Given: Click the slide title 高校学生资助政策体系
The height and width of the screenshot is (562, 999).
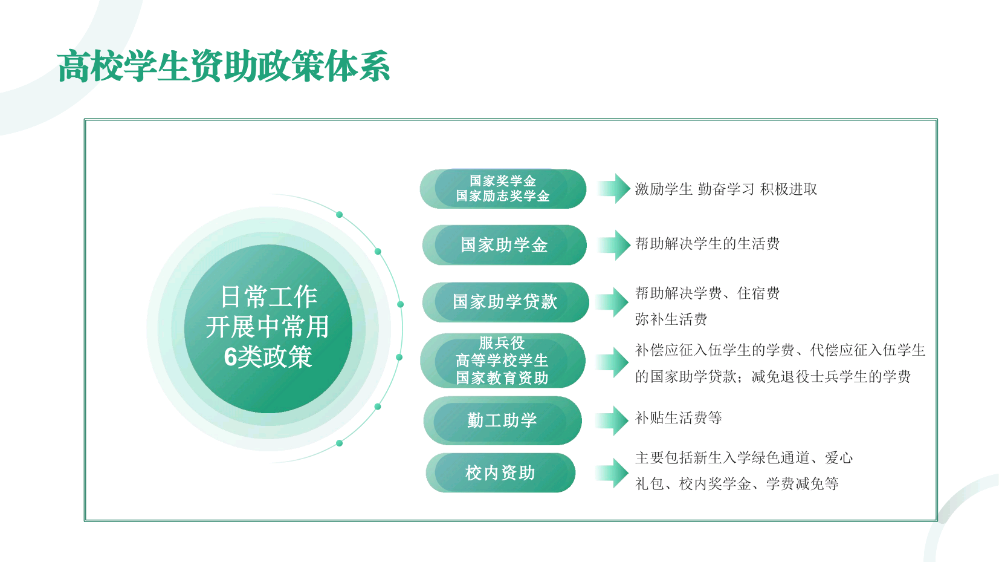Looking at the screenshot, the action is click(x=224, y=67).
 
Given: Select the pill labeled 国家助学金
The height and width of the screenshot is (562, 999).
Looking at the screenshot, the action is click(x=505, y=245).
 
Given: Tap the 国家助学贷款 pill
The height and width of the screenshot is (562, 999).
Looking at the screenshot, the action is click(x=505, y=302).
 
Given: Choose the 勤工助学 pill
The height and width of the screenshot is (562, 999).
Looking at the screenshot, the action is click(x=503, y=420).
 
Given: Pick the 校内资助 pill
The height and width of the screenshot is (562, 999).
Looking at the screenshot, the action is click(x=500, y=472).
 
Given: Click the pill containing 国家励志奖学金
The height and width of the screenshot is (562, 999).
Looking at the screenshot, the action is click(x=503, y=188).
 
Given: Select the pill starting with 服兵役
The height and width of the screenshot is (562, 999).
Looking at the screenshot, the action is click(x=503, y=361).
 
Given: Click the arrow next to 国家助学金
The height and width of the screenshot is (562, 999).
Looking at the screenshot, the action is click(x=614, y=245).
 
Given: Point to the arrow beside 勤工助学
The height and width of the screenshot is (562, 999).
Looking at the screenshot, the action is click(x=612, y=420).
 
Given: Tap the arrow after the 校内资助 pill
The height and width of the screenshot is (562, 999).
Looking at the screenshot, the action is click(x=612, y=472).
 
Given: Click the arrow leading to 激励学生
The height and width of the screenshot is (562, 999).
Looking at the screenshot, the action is click(x=614, y=188).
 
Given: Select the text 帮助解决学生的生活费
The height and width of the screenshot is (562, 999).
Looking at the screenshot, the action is click(x=707, y=244).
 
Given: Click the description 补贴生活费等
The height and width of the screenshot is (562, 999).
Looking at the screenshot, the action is click(x=678, y=418).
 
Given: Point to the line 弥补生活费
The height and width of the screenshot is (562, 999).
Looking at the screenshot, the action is click(x=671, y=319).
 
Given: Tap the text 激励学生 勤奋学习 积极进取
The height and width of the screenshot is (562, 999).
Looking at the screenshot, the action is click(x=726, y=189).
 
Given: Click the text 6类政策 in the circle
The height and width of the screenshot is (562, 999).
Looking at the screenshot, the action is click(x=268, y=357).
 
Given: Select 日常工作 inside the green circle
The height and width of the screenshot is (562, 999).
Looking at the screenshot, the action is click(x=269, y=297).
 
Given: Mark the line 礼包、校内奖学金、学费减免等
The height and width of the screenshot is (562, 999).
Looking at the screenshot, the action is click(x=737, y=483).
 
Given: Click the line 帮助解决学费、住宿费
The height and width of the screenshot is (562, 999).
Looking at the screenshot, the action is click(x=707, y=293).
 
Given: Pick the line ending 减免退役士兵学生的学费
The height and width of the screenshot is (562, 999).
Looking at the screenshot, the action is click(x=773, y=377).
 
